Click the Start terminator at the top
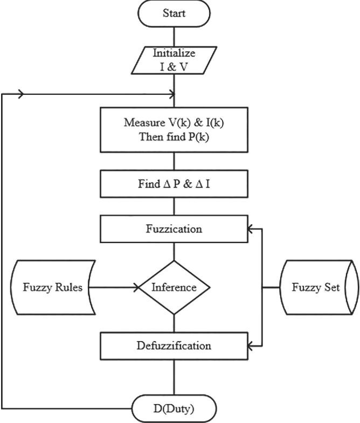click(x=174, y=13)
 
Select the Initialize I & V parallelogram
click(x=174, y=60)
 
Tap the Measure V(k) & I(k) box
click(x=174, y=130)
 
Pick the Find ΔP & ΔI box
click(x=174, y=184)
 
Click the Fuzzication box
click(x=174, y=229)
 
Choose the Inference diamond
click(x=174, y=287)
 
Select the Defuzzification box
click(x=174, y=346)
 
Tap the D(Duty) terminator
click(x=174, y=408)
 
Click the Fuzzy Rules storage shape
click(x=53, y=287)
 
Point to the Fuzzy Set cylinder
click(x=320, y=287)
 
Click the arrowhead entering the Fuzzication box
click(x=251, y=229)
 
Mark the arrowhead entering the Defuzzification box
click(x=251, y=346)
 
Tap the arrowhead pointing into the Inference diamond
click(x=136, y=287)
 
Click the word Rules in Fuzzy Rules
click(x=68, y=287)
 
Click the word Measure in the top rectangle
click(x=143, y=122)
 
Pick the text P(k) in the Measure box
click(x=198, y=137)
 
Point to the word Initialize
click(x=174, y=53)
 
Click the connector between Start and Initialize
click(x=174, y=37)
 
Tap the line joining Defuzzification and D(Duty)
click(x=174, y=377)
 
